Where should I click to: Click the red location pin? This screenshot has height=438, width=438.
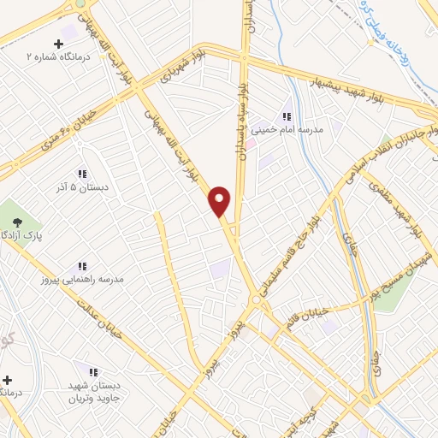221,201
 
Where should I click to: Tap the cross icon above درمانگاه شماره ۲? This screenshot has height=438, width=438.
59,44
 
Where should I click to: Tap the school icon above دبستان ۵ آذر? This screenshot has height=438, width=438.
82,173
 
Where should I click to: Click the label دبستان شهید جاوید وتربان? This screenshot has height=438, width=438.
94,392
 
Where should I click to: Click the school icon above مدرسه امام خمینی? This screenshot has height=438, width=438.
287,115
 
